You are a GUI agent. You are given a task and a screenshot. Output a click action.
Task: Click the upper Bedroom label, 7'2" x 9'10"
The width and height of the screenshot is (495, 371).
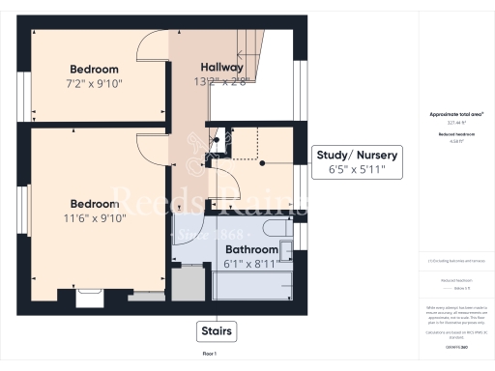(x=94, y=70)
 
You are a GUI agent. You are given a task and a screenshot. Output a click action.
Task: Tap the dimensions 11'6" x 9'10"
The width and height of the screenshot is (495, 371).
(x=94, y=218)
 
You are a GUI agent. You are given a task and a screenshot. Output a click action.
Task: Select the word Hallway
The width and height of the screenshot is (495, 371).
(x=221, y=67)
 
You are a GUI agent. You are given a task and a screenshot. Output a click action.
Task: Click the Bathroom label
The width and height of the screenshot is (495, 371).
(x=252, y=248)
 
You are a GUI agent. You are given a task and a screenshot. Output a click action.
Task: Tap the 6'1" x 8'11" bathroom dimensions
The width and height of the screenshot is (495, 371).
(x=252, y=263)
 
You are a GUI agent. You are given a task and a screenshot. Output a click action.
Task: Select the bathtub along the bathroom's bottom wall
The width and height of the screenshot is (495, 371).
(x=253, y=286)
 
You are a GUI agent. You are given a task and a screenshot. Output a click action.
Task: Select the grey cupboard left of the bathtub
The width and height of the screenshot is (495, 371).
(x=189, y=284)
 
